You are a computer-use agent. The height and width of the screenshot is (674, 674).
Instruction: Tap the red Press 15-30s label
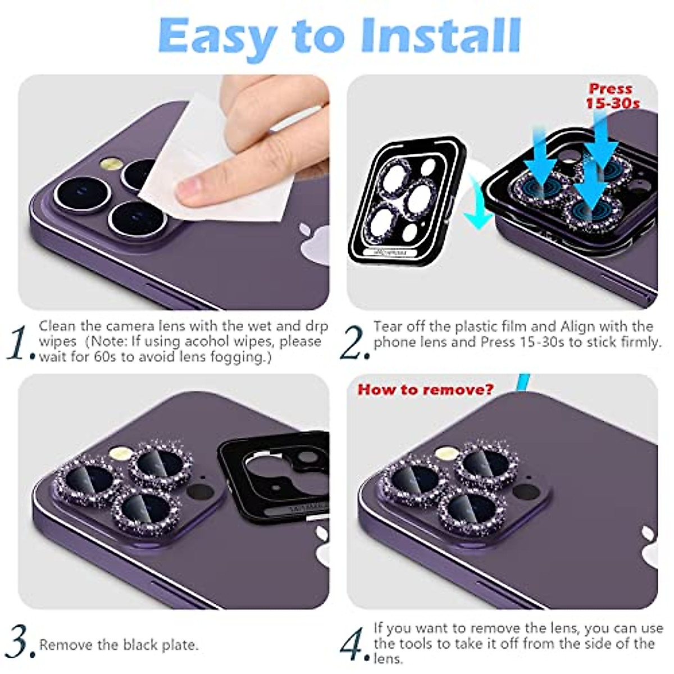(612, 96)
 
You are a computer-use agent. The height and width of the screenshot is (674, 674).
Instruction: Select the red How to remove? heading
(425, 389)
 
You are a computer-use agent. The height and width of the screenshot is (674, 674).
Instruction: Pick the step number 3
(20, 643)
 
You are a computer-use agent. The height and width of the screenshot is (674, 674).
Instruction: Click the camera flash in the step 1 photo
(111, 165)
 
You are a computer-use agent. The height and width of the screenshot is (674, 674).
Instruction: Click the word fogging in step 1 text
(240, 357)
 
